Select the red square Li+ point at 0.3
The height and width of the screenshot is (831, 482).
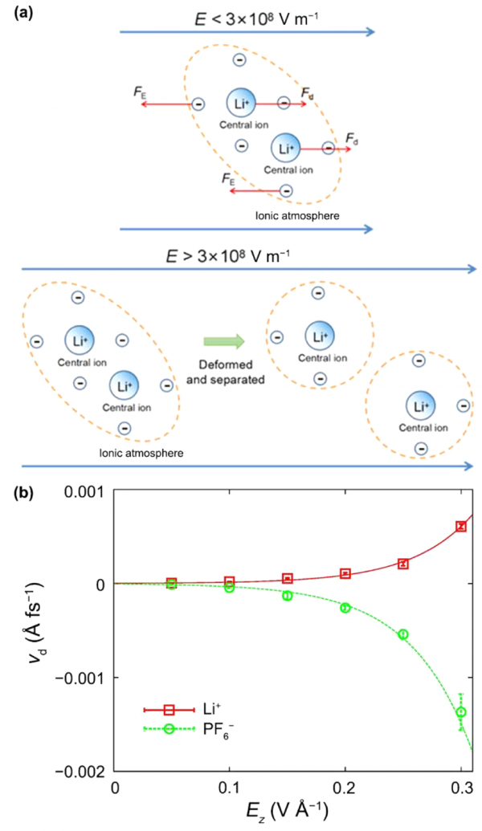pyautogui.click(x=461, y=526)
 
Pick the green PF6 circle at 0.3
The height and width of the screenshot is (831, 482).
pyautogui.click(x=461, y=711)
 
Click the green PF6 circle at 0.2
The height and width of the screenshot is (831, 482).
pyautogui.click(x=345, y=608)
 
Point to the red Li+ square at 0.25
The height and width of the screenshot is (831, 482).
pyautogui.click(x=403, y=564)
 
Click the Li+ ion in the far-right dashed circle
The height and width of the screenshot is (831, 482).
pyautogui.click(x=419, y=406)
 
